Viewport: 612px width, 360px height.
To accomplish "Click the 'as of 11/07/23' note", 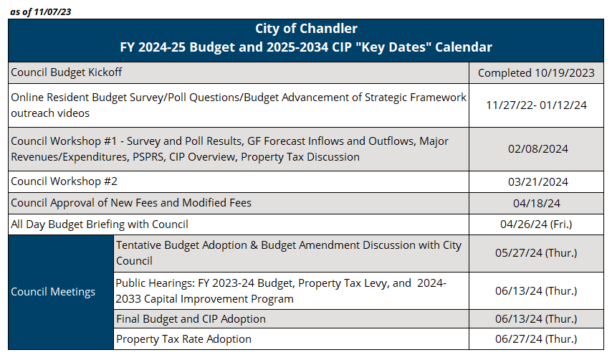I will point(41,11).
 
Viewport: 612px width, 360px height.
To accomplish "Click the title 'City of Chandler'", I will point(306,29).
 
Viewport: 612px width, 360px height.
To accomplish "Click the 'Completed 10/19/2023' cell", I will point(536,72).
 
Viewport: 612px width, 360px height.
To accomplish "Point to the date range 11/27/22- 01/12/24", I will point(536,105).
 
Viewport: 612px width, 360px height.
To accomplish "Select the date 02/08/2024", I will point(536,148).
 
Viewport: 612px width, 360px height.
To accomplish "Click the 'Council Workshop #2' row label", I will point(64,181).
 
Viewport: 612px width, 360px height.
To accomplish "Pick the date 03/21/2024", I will point(536,181).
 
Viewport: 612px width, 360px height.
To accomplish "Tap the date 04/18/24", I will point(536,203).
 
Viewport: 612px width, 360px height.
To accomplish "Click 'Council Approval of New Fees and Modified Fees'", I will point(131,203).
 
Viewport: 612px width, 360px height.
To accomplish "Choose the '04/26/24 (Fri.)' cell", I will point(536,224).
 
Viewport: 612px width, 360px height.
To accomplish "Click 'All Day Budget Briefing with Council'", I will point(100,224).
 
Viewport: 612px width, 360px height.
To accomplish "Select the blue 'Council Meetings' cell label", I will point(53,292).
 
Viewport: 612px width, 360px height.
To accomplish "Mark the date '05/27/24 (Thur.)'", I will point(536,252).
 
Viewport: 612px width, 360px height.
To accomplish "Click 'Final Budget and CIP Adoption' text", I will point(191,318).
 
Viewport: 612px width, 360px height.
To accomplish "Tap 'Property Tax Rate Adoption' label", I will point(183,338).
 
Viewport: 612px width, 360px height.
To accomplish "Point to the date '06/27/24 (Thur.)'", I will point(536,338).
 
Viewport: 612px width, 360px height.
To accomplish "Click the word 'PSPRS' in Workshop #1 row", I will point(146,156).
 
